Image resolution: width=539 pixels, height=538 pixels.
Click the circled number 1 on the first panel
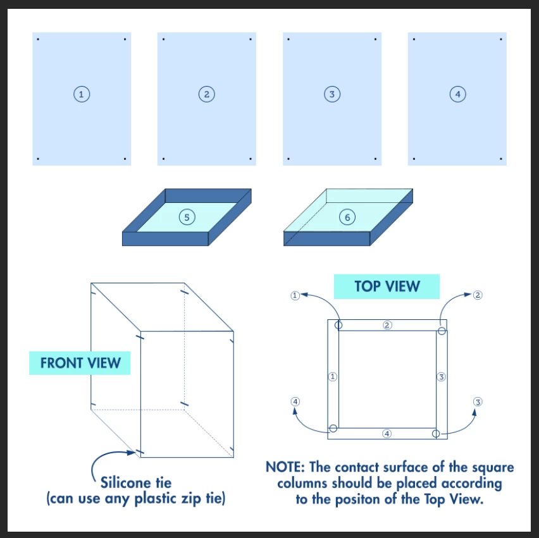coord(81,94)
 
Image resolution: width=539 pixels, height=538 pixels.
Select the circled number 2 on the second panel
coord(206,94)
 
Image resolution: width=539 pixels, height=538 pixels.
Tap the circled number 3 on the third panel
coord(331,94)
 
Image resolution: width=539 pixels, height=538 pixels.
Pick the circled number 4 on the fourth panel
coord(457,94)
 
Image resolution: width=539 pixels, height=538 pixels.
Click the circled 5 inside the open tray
coord(186,217)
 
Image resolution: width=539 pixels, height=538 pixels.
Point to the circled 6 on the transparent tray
coord(347,217)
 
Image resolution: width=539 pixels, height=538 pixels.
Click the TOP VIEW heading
coord(387,286)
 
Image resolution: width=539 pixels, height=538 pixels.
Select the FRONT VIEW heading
coord(80,363)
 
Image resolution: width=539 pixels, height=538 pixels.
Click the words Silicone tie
coord(135,483)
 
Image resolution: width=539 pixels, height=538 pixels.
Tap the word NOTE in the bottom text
coord(285,468)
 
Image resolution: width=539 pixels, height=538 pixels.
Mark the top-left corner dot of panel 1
coord(38,40)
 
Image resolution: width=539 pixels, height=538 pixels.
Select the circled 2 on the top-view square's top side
coord(387,325)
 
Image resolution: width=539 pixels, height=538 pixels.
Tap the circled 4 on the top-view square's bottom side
coord(387,434)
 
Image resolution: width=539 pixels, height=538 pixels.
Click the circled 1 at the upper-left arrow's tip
coord(295,295)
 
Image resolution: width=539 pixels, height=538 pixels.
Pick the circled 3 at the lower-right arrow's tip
coord(478,402)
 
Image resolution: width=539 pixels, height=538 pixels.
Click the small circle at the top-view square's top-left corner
coord(339,325)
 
